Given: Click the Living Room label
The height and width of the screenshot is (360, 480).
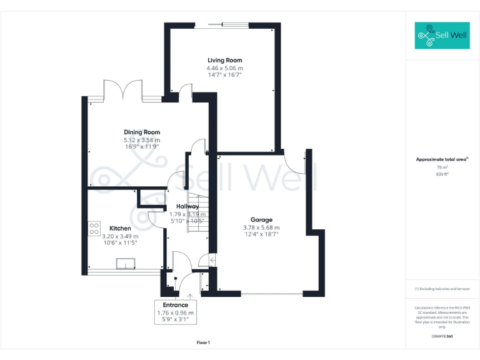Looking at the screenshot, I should pyautogui.click(x=225, y=60).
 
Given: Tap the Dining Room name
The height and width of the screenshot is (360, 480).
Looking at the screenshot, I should pyautogui.click(x=142, y=132).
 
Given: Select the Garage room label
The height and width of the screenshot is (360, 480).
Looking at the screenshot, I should pyautogui.click(x=261, y=220).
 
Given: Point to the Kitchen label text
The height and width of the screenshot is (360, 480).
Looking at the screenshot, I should pyautogui.click(x=120, y=228).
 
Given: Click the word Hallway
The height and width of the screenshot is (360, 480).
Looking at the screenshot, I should pyautogui.click(x=187, y=206).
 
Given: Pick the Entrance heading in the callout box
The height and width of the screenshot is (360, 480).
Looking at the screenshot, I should pyautogui.click(x=176, y=305).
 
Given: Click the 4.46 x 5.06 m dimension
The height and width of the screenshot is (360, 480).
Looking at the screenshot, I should pyautogui.click(x=225, y=67).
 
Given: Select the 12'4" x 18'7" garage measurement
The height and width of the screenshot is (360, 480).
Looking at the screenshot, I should pyautogui.click(x=261, y=234).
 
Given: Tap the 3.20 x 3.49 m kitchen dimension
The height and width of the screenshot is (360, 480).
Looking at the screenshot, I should pyautogui.click(x=120, y=236).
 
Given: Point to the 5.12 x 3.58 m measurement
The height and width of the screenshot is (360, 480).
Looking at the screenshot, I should pyautogui.click(x=142, y=140).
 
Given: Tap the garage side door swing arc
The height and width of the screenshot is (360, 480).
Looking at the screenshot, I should pyautogui.click(x=292, y=164).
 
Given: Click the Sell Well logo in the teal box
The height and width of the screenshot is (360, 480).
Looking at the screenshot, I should pyautogui.click(x=441, y=36).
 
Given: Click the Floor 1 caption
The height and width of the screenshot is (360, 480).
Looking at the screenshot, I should pyautogui.click(x=203, y=342).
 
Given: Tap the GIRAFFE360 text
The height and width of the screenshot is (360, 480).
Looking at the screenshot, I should pyautogui.click(x=442, y=336).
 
